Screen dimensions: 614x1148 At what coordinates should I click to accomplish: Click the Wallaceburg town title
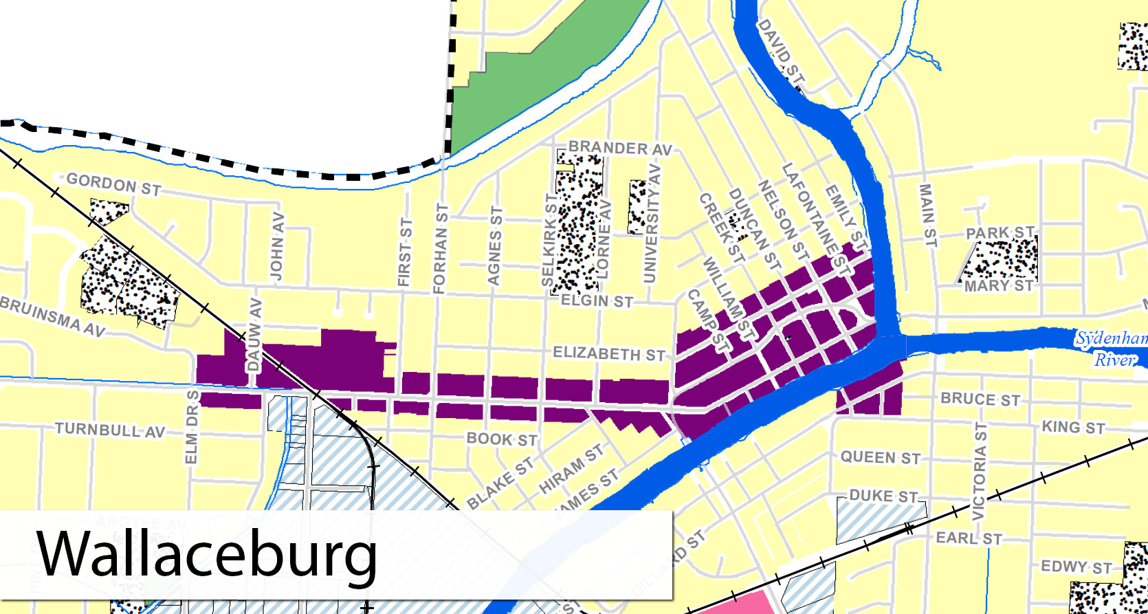[206, 554]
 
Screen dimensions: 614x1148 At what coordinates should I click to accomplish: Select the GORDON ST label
[113, 184]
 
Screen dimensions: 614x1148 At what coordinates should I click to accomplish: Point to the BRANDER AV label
[619, 148]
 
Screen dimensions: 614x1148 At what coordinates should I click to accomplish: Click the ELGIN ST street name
[597, 301]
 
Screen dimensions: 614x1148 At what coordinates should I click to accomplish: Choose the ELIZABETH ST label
[608, 354]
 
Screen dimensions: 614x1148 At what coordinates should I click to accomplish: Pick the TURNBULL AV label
[110, 430]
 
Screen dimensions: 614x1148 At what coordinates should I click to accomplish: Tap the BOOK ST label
[502, 439]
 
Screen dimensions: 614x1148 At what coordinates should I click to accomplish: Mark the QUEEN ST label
[881, 458]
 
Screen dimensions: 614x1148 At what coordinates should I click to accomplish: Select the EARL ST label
[969, 538]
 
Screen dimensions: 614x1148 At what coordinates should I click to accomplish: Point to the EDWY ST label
[1076, 567]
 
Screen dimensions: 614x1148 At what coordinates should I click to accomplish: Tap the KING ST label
[1073, 428]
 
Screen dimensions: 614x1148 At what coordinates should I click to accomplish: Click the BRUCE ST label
[980, 399]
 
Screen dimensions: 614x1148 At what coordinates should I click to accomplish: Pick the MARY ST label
[998, 286]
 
